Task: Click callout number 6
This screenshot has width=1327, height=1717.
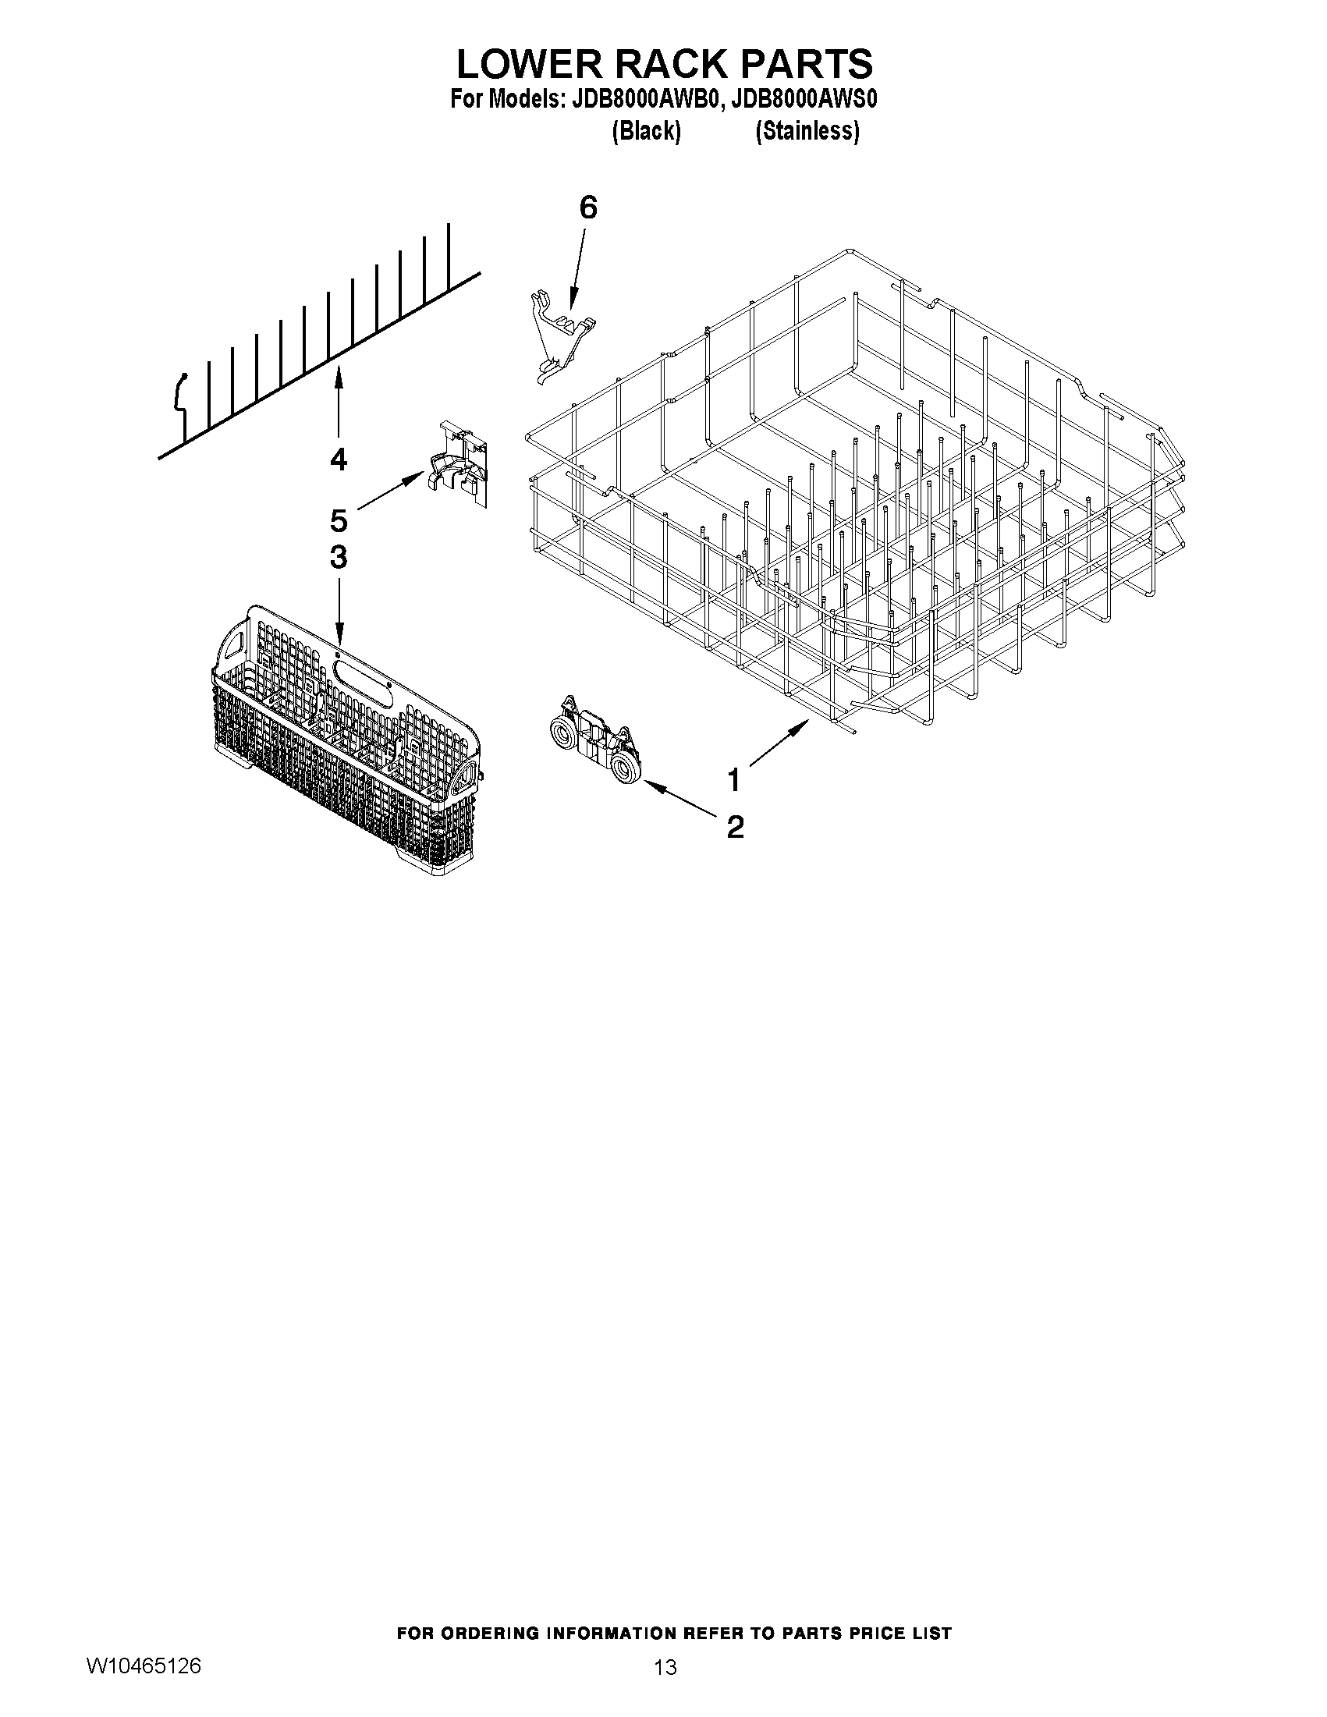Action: point(588,208)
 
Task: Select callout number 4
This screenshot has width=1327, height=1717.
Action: point(338,459)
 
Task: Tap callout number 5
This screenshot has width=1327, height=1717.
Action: point(338,520)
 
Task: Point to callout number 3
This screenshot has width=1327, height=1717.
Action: point(338,558)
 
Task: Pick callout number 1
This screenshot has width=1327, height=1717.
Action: point(733,781)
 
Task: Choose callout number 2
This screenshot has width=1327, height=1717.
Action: point(735,826)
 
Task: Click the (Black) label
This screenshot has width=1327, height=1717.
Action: point(645,130)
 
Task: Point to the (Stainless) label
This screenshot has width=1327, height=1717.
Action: point(807,130)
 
